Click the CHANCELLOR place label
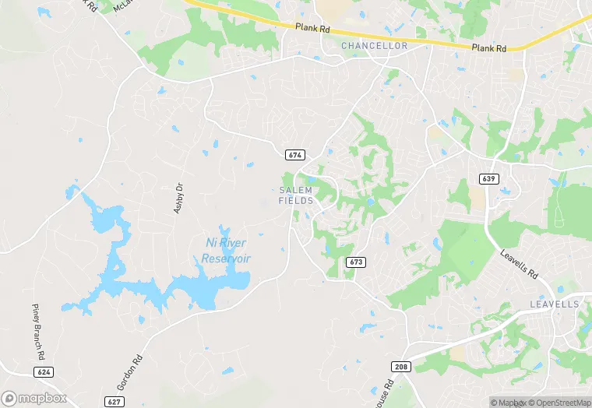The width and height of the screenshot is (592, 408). [x=374, y=46]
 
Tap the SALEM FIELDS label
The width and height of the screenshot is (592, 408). [x=296, y=195]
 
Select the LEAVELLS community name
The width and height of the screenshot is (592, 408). [x=555, y=304]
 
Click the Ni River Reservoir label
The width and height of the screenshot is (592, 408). [x=226, y=250]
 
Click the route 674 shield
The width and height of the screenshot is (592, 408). [x=294, y=155]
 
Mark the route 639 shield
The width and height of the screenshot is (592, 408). [x=489, y=179]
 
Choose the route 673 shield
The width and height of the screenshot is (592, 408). [x=356, y=262]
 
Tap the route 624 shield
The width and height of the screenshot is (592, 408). [x=44, y=372]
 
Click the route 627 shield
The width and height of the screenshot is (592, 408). [x=115, y=401]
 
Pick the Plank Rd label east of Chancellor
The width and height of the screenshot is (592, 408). [x=489, y=47]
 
